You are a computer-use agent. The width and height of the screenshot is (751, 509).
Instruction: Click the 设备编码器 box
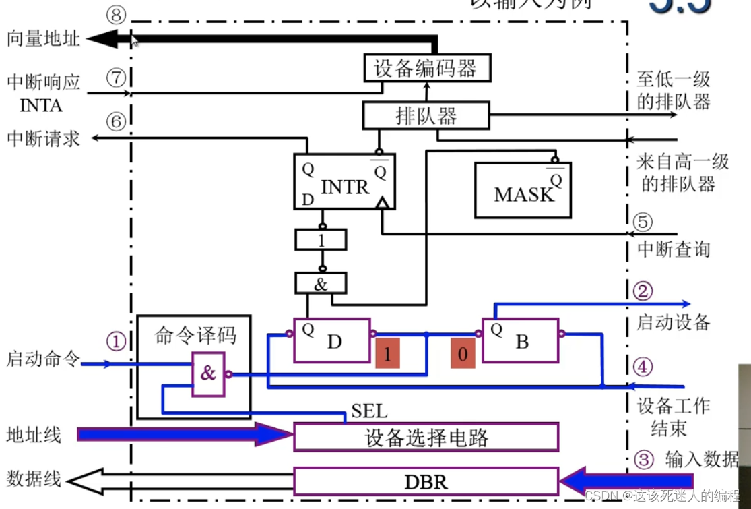425,68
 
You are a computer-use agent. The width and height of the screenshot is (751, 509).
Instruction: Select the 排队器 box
426,115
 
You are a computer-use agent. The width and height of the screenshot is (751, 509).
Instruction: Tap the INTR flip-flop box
344,181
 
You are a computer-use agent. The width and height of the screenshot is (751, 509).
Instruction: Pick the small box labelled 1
321,239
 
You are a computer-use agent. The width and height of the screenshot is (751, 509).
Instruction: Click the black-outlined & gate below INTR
321,283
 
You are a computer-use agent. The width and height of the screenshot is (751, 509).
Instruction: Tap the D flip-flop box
332,340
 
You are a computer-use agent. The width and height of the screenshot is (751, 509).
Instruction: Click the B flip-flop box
519,340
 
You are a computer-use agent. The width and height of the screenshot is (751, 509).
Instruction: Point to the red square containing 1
388,355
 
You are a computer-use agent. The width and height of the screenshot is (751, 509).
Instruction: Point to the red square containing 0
463,355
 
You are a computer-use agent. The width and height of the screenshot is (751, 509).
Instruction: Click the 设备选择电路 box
426,438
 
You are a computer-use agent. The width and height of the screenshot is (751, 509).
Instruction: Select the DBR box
426,481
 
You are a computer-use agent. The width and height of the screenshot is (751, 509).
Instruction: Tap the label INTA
41,106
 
